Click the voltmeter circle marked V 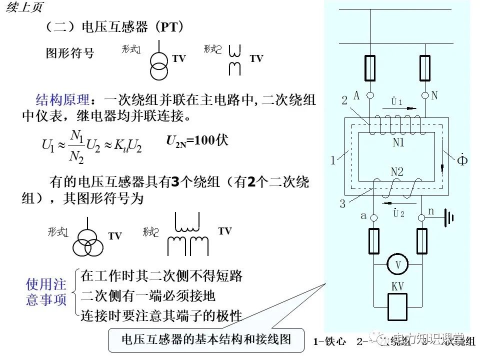pyautogui.click(x=398, y=264)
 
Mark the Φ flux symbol pyautogui.click(x=462, y=161)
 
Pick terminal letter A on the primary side pyautogui.click(x=356, y=95)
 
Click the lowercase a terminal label pyautogui.click(x=363, y=216)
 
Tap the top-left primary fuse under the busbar pyautogui.click(x=370, y=67)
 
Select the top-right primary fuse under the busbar pyautogui.click(x=425, y=67)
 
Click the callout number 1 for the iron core pyautogui.click(x=333, y=161)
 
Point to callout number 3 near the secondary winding pyautogui.click(x=342, y=203)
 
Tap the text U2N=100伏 pyautogui.click(x=197, y=140)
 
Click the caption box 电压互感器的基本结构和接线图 pyautogui.click(x=206, y=339)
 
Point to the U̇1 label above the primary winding pyautogui.click(x=397, y=101)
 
